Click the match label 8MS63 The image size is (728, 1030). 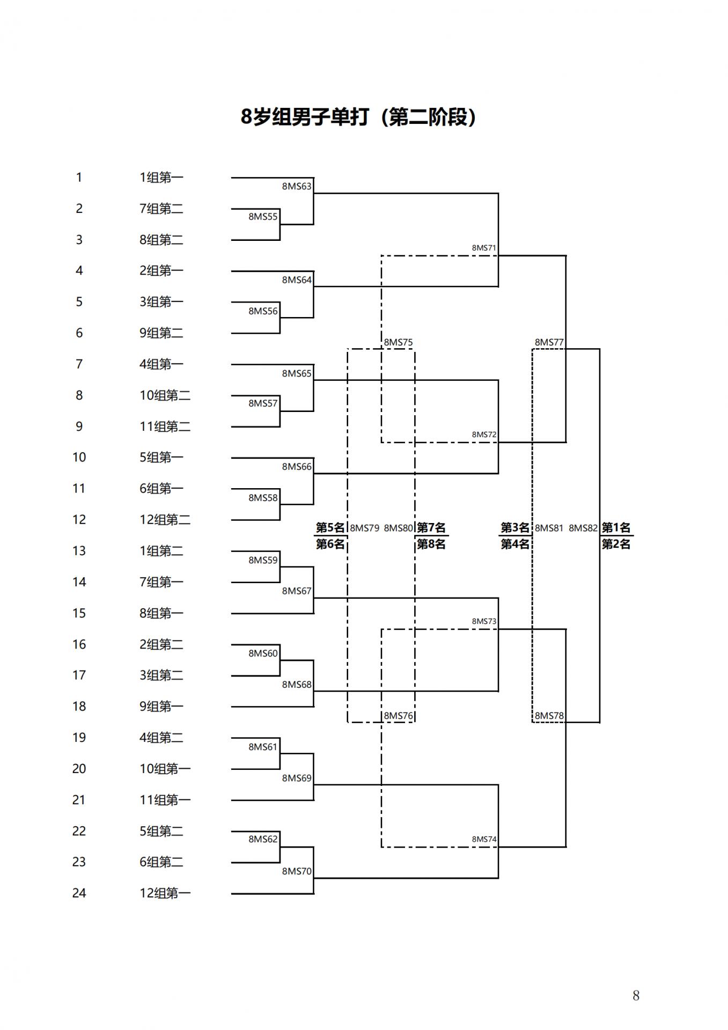pos(297,187)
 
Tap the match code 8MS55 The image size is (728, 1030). pos(263,217)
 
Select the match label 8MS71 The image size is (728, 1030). pos(484,248)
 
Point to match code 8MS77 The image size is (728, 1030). pos(549,342)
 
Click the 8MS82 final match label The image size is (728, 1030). pos(583,528)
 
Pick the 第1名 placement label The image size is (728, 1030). pos(616,528)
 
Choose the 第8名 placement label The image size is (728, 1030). pos(431,544)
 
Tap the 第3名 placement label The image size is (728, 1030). pos(515,528)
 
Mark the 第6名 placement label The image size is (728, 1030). pos(330,544)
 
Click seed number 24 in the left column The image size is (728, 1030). pos(79,893)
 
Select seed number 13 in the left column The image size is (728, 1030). pos(79,551)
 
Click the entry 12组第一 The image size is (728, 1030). pos(165,893)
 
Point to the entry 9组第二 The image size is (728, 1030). pos(161,333)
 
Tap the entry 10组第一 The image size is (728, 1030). pos(165,769)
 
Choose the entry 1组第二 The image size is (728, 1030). pos(161,551)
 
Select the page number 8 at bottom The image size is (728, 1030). pos(636,996)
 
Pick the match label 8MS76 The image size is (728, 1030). pos(398,716)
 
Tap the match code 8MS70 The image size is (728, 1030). pos(297,871)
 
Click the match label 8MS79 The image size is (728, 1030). pos(364,528)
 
